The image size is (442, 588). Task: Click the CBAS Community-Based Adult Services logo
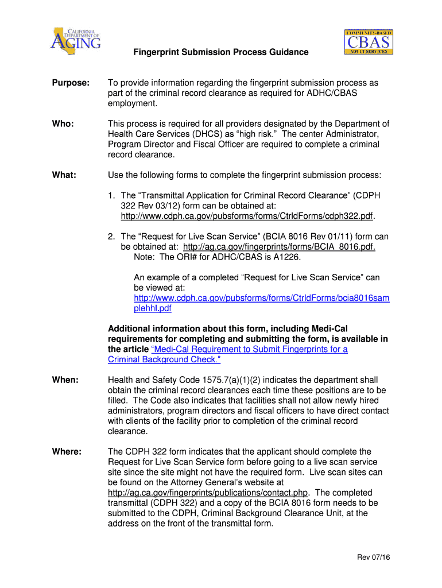[369, 42]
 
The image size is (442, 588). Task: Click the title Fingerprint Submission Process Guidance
[221, 52]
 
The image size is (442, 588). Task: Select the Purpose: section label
[71, 83]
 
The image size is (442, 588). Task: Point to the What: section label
[64, 175]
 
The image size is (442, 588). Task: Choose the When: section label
[65, 380]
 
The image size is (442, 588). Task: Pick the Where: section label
[67, 452]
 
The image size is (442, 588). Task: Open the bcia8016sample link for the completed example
[261, 303]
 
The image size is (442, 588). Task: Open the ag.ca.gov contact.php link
[208, 493]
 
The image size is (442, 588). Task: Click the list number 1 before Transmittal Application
[111, 195]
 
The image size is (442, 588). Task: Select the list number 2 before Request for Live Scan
[111, 236]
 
